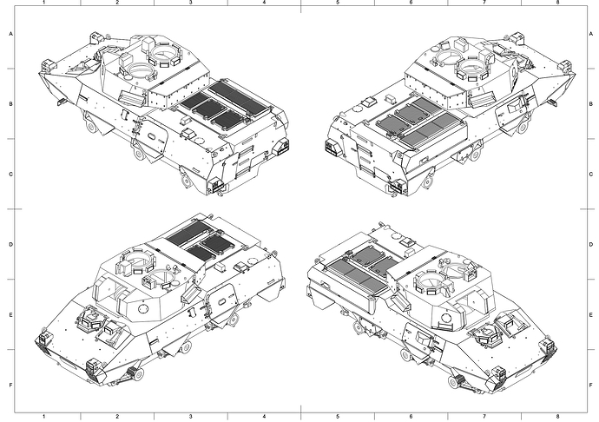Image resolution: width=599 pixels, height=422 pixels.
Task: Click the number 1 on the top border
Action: [x=44, y=3]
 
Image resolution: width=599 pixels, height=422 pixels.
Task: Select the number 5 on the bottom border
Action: [x=338, y=417]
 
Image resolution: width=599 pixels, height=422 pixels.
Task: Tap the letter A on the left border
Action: [x=10, y=34]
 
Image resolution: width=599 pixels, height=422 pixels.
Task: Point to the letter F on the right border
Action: [x=591, y=385]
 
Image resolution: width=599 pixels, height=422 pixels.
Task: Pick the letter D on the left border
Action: [x=10, y=244]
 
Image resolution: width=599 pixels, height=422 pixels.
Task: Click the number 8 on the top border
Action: [x=557, y=3]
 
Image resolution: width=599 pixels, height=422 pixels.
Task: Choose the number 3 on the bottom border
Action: [x=191, y=417]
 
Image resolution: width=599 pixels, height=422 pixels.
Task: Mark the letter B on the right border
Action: [x=591, y=104]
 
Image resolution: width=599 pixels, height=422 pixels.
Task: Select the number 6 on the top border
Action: [x=411, y=3]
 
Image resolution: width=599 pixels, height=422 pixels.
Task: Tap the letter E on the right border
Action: [x=591, y=314]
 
